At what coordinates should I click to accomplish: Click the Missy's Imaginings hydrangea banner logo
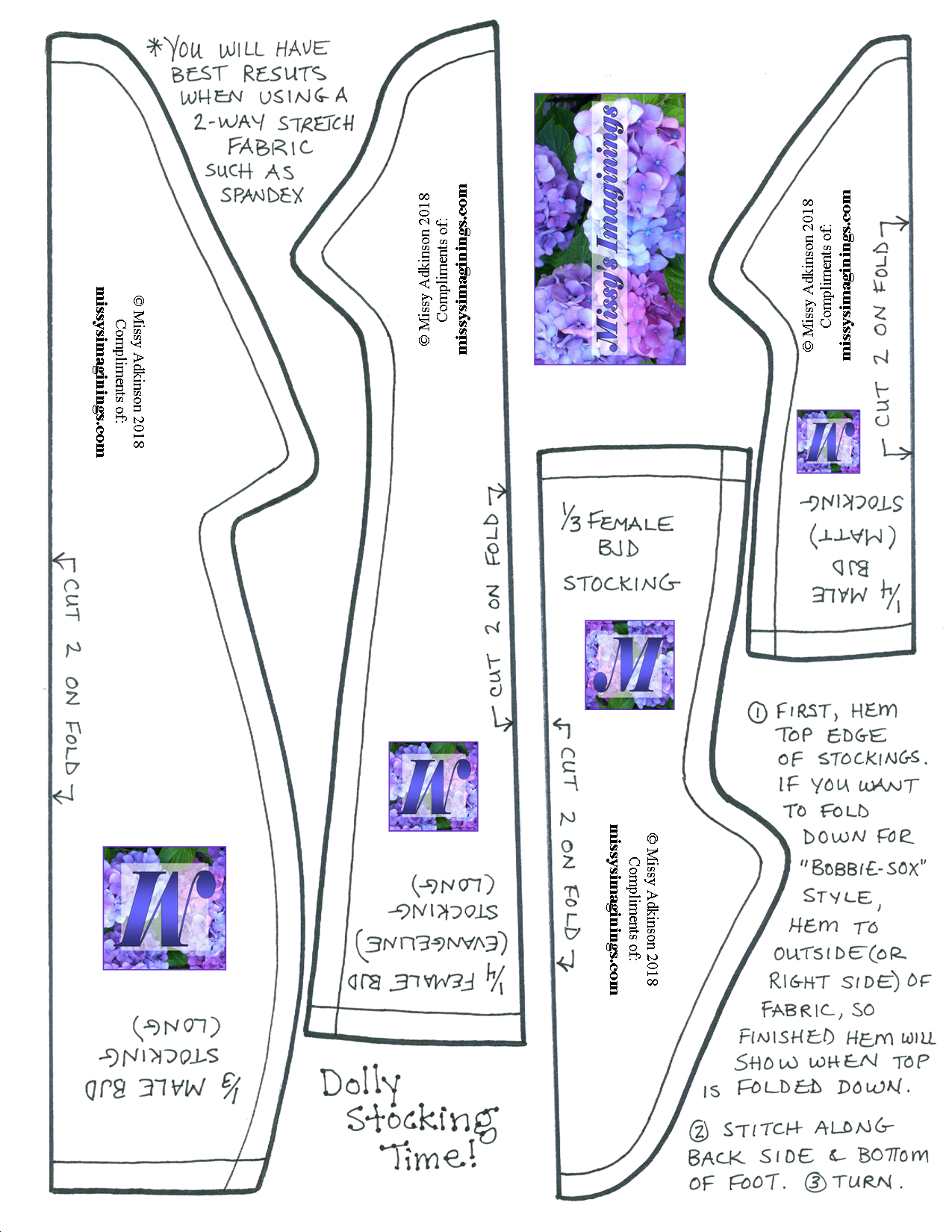pos(609,228)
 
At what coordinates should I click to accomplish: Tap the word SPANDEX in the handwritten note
pos(262,195)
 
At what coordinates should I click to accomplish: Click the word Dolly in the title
pos(361,1084)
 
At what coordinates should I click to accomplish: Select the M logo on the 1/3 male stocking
pos(164,908)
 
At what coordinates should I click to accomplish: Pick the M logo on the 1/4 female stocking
pos(433,785)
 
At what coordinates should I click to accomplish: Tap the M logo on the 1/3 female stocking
pos(629,665)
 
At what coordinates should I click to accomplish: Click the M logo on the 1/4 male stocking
pos(828,441)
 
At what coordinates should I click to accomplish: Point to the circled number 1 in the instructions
pos(758,712)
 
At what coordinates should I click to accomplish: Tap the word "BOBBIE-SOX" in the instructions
pos(862,868)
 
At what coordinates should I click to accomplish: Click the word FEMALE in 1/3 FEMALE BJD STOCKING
pos(630,522)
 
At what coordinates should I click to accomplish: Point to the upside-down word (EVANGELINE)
pos(432,944)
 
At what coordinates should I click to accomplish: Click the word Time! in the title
pos(430,1156)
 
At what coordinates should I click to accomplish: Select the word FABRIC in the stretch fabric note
pos(270,147)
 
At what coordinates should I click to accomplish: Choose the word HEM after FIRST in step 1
pos(874,710)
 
